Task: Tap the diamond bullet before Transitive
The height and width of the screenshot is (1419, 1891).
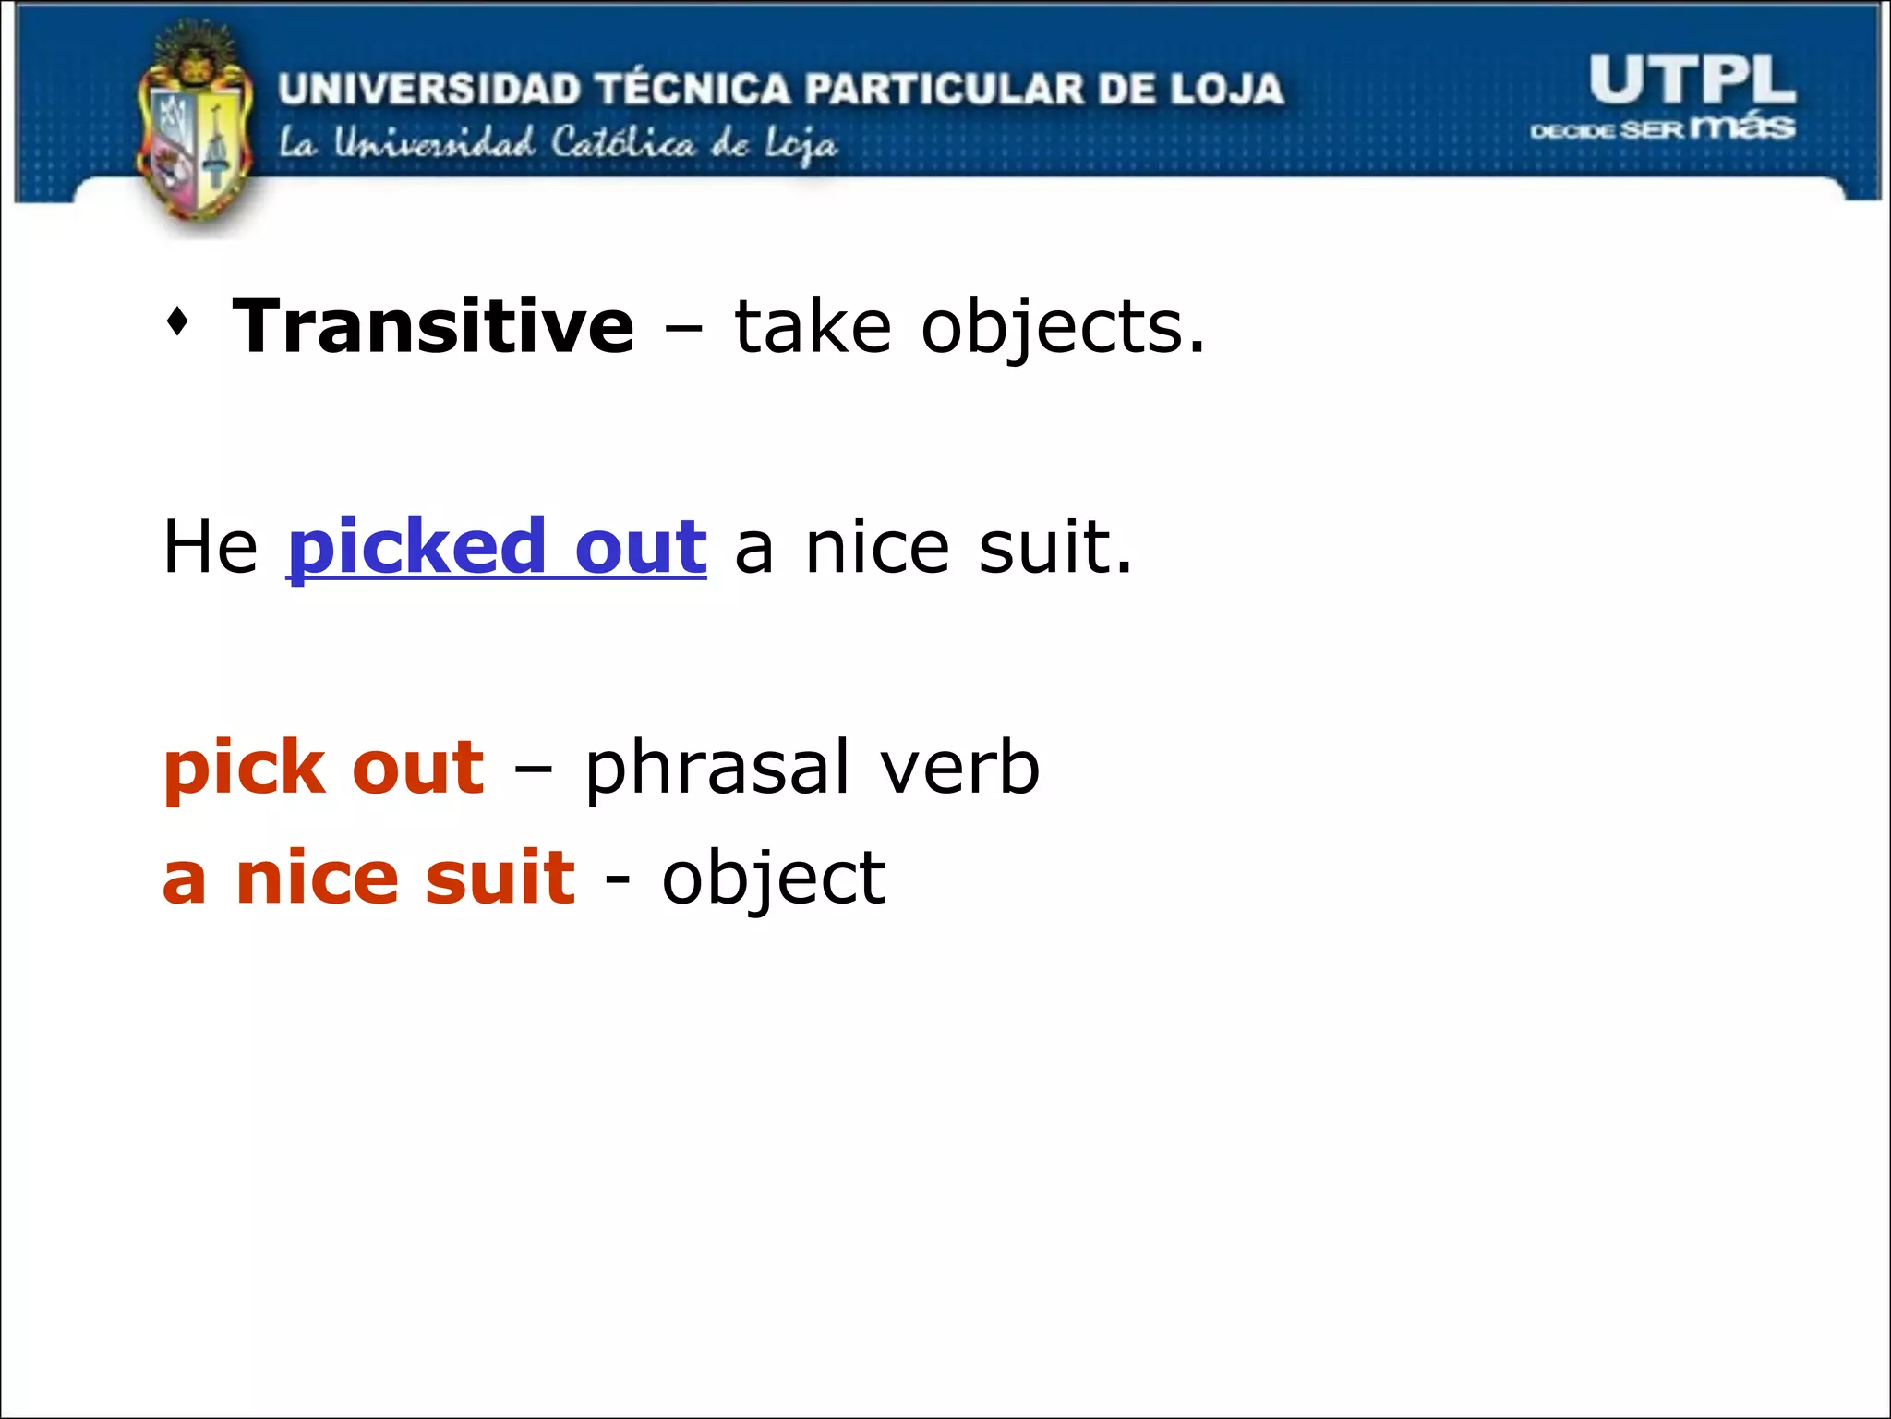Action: [177, 323]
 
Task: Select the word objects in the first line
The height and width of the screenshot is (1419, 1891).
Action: [1062, 329]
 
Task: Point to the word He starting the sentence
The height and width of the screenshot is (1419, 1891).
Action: [210, 547]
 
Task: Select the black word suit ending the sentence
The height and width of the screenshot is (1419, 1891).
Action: [1054, 547]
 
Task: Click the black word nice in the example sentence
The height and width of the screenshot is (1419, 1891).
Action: [877, 547]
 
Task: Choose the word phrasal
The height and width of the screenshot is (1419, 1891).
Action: [717, 769]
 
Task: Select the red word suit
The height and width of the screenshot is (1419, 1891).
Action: [500, 878]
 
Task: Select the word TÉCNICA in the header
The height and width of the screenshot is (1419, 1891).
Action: [693, 89]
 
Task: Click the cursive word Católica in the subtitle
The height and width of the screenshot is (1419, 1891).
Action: [622, 144]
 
